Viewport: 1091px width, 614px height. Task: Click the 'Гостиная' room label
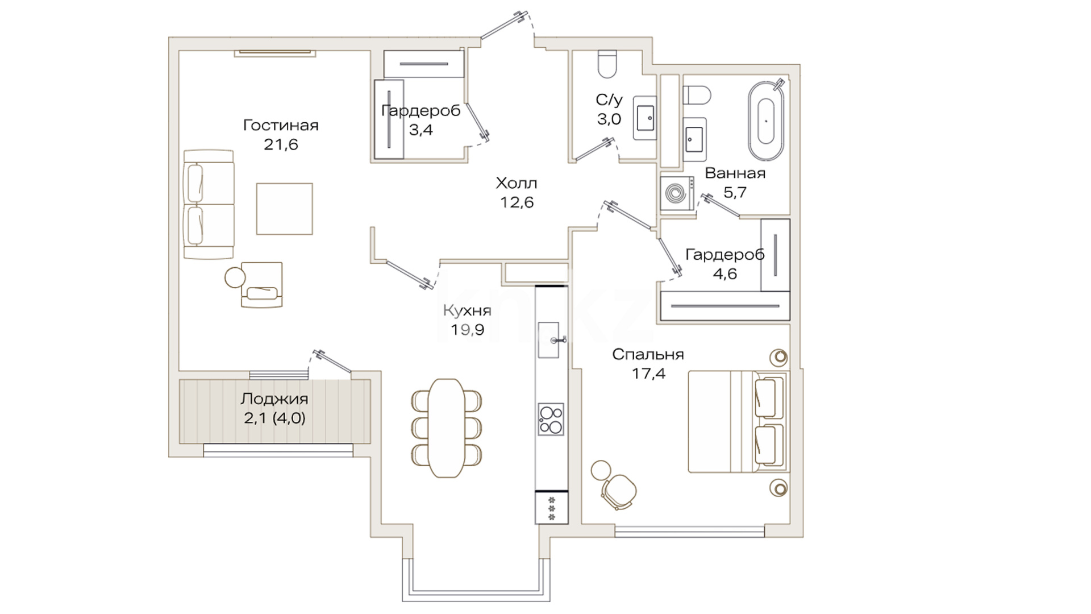(281, 125)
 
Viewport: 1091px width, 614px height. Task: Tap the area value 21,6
(281, 144)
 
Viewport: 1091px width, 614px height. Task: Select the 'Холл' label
(517, 183)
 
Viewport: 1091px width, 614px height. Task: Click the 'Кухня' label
(467, 310)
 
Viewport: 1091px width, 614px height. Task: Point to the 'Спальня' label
(648, 355)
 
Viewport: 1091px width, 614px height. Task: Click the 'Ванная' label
(735, 173)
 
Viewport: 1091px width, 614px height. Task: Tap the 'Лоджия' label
(274, 399)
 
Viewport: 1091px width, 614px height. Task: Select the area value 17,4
(648, 374)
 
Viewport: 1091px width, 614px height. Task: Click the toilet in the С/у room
(607, 64)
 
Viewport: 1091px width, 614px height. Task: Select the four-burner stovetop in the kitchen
(551, 420)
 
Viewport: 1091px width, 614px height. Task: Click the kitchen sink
(549, 340)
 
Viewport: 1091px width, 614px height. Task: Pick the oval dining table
(446, 428)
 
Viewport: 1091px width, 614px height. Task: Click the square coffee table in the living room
(284, 209)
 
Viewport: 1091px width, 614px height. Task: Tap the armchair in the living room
(261, 285)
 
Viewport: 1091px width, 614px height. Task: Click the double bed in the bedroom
(738, 421)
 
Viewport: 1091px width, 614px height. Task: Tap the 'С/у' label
(609, 100)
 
